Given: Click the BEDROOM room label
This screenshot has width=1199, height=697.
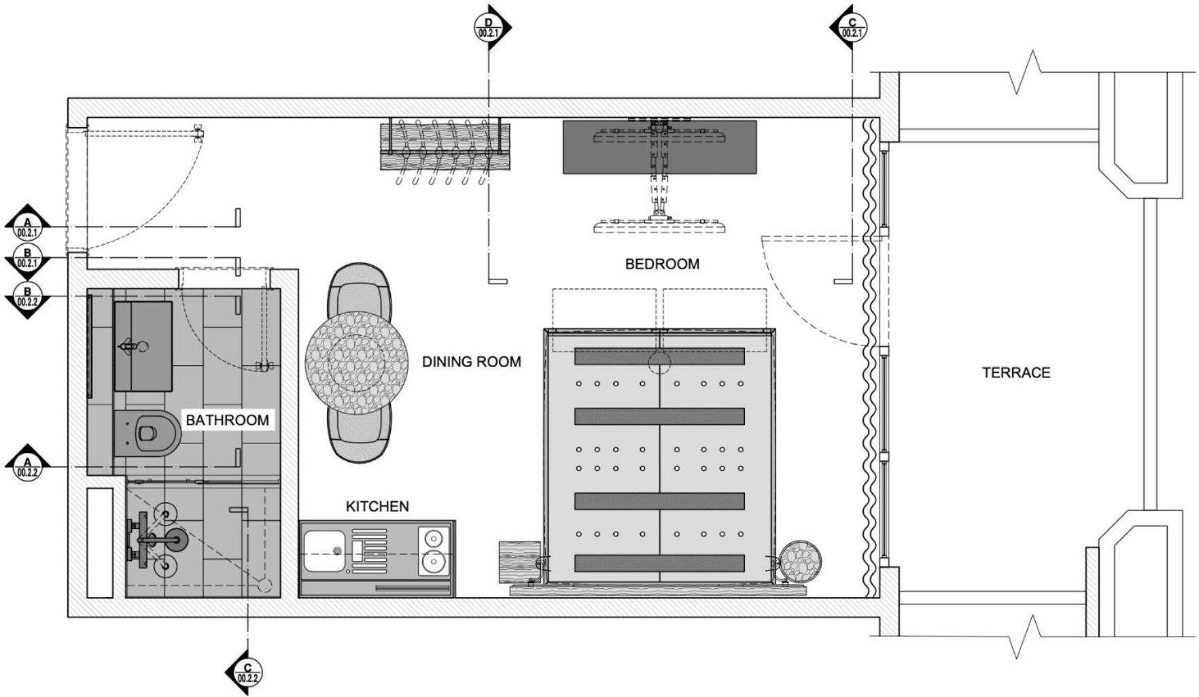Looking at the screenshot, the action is pos(662,264).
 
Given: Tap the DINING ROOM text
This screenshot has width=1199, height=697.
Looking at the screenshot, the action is pos(472,362).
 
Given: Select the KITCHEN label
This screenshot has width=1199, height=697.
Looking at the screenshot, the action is pos(377,507).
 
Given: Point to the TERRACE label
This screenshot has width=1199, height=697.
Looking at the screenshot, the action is pos(1016,373).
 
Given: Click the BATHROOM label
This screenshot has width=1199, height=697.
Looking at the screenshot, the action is pos(227,420).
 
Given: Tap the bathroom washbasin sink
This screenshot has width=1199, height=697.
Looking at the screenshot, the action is pos(143,347).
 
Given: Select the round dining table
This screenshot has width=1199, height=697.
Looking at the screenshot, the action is pos(357,362).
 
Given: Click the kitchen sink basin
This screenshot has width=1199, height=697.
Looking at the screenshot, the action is pos(323,551).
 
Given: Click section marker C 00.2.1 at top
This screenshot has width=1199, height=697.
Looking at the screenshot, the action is pos(850,27).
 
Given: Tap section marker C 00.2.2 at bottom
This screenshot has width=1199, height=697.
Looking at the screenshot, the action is pos(246,673).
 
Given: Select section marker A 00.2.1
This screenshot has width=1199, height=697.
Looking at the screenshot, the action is pos(28,226).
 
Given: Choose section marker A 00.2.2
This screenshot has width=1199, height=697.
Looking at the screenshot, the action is pos(28,466).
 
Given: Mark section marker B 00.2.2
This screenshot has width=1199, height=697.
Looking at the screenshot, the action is pos(28,296).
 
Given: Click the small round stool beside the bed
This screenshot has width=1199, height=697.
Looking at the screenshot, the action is pos(800,562).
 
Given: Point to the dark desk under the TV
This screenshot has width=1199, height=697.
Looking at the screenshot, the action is pos(659,147).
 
